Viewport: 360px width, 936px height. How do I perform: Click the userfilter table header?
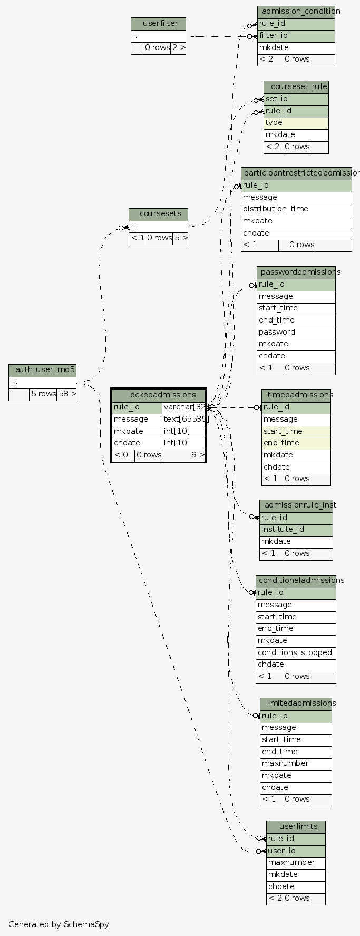tap(158, 24)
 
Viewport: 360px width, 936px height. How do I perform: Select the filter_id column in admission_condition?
tap(296, 36)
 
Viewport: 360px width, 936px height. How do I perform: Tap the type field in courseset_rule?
tap(296, 123)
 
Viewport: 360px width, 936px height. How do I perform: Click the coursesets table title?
tap(158, 214)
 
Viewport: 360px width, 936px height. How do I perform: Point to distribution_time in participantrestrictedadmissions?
tap(296, 209)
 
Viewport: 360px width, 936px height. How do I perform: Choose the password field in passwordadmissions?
tap(296, 332)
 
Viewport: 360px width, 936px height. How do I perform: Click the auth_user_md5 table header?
tap(42, 370)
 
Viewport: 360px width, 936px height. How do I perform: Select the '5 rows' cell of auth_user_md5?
tap(43, 394)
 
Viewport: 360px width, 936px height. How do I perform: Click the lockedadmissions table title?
tap(158, 395)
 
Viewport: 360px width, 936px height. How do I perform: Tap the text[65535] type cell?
tap(183, 419)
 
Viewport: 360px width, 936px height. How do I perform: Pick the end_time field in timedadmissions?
tap(296, 443)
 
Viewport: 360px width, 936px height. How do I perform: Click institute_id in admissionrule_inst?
tap(296, 530)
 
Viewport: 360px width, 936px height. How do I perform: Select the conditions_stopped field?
tap(296, 652)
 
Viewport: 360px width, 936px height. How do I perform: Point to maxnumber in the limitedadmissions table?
tap(296, 764)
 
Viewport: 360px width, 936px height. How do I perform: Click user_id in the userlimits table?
tap(295, 851)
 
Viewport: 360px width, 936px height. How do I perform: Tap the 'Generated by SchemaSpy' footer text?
tap(59, 924)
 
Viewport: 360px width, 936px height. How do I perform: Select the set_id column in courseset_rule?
tap(296, 99)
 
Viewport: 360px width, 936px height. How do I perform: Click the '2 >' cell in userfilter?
tap(178, 47)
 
